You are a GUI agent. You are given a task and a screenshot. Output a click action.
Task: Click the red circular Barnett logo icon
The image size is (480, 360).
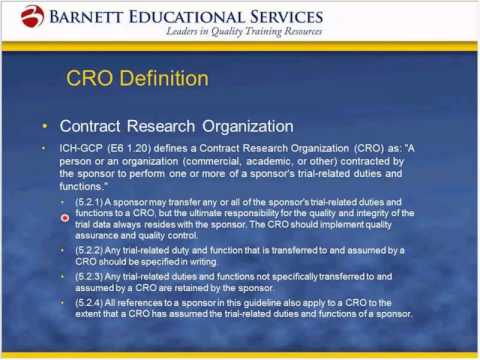33,16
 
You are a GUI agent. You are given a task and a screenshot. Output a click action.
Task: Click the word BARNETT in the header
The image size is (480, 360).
95,16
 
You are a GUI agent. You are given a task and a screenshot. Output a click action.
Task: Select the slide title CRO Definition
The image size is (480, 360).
137,78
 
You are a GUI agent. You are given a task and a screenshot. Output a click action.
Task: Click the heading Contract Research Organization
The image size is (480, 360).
176,127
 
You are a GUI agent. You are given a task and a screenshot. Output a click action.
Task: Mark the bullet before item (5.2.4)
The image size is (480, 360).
66,301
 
